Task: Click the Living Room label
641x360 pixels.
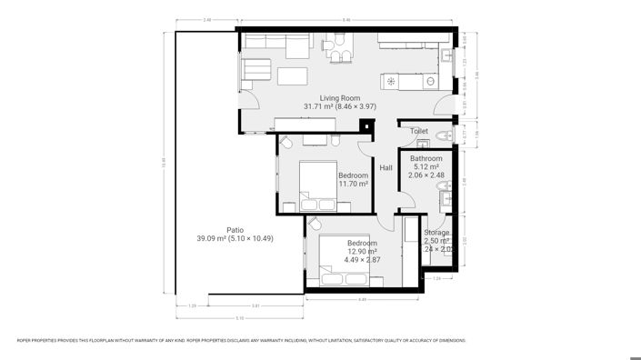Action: coord(339,98)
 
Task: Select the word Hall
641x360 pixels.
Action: coord(386,168)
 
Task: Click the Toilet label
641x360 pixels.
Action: coord(418,132)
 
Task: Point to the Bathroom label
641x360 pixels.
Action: coord(426,158)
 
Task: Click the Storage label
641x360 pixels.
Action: coord(436,234)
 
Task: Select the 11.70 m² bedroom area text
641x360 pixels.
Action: coord(353,184)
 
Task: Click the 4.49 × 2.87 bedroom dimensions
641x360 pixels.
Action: coord(362,260)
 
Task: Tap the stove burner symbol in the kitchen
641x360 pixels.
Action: coord(392,82)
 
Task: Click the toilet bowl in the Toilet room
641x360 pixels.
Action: coord(443,136)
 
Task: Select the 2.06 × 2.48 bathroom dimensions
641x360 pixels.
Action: coord(426,176)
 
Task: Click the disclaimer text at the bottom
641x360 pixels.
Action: coord(242,341)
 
